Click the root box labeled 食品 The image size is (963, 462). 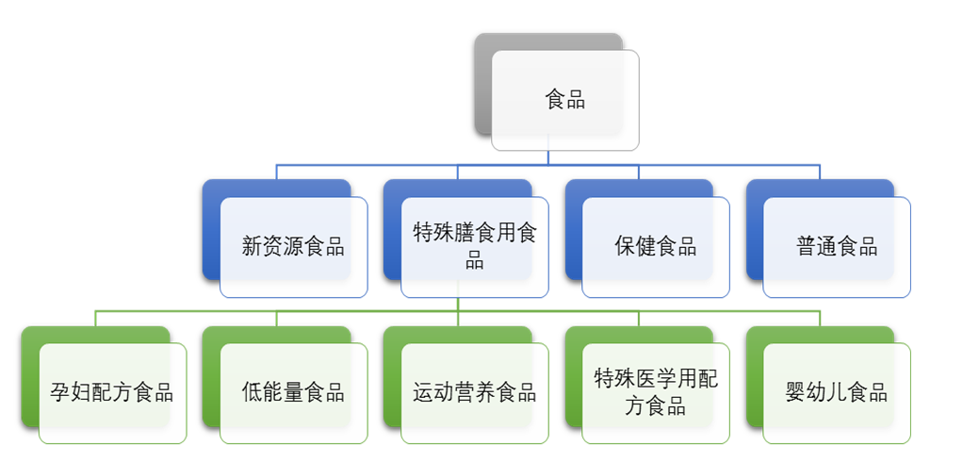point(565,100)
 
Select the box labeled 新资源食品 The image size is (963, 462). point(293,247)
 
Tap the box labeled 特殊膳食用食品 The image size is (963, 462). point(474,247)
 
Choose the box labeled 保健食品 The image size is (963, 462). point(655,247)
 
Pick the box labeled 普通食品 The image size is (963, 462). point(837,247)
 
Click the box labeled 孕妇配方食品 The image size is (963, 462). point(112,393)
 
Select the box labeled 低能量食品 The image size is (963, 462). point(293,393)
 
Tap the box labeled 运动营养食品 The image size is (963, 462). point(474,393)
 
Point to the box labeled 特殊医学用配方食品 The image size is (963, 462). point(655,393)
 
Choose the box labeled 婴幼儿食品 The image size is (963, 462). point(837,393)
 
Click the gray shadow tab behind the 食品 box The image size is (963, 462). point(482,85)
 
